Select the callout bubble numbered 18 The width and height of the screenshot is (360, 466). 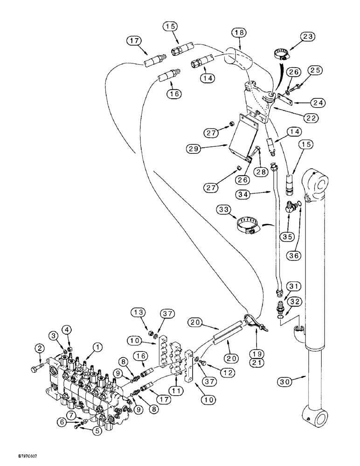239,33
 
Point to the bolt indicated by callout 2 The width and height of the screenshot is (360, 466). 36,370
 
